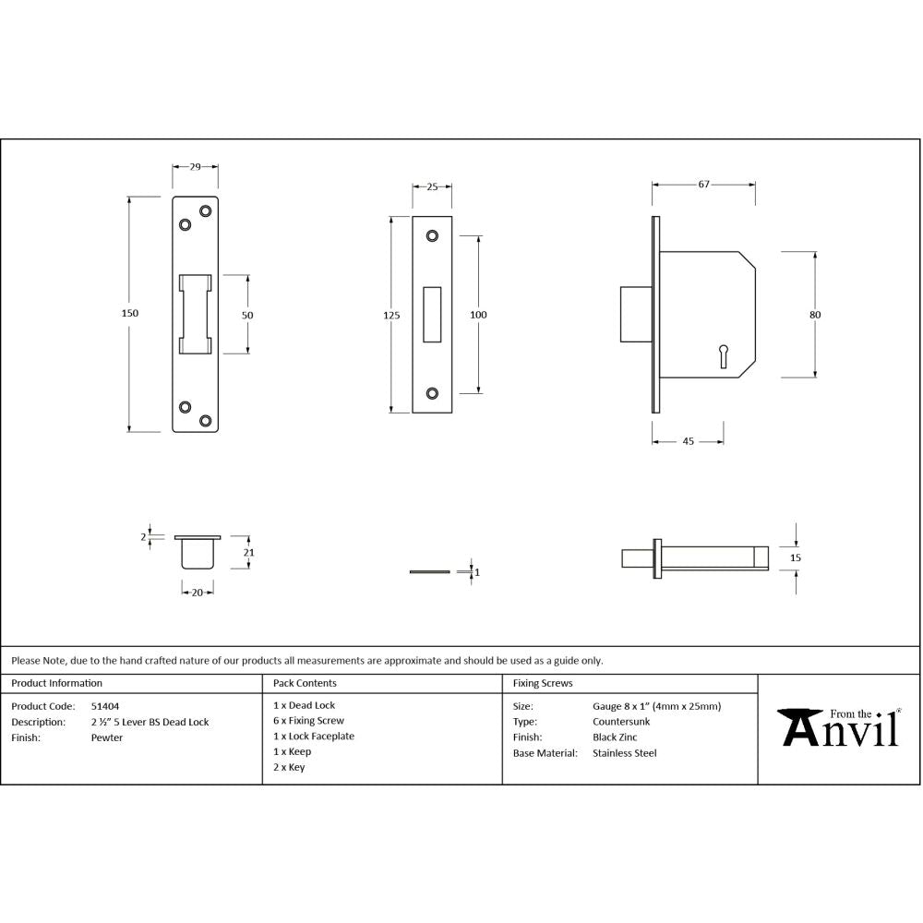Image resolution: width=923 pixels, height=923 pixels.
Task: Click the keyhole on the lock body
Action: pyautogui.click(x=723, y=353)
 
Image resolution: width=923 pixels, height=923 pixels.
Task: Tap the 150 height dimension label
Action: pyautogui.click(x=130, y=314)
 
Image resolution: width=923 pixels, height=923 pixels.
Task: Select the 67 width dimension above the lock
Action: pyautogui.click(x=703, y=185)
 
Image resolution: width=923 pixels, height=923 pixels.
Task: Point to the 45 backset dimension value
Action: pyautogui.click(x=688, y=442)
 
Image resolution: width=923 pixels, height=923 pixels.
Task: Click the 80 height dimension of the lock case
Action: pyautogui.click(x=815, y=315)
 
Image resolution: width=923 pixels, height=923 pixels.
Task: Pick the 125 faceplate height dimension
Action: pyautogui.click(x=391, y=316)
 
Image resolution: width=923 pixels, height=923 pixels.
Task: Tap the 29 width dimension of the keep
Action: pyautogui.click(x=196, y=167)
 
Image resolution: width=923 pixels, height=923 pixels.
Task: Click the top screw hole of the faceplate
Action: pyautogui.click(x=432, y=236)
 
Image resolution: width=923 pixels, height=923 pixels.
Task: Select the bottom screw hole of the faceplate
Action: pyautogui.click(x=432, y=394)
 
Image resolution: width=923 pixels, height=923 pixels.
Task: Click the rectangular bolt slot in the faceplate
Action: pyautogui.click(x=432, y=315)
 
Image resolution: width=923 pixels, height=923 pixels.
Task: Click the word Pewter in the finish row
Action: pyautogui.click(x=106, y=737)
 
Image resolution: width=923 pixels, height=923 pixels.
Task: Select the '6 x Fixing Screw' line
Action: pyautogui.click(x=308, y=721)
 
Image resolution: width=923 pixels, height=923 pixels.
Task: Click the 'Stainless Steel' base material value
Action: pyautogui.click(x=624, y=753)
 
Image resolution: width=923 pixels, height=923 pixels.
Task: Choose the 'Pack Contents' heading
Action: pyautogui.click(x=305, y=684)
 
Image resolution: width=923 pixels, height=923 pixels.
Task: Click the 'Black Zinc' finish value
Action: pyautogui.click(x=615, y=737)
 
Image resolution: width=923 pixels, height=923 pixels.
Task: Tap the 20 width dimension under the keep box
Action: pyautogui.click(x=197, y=593)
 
